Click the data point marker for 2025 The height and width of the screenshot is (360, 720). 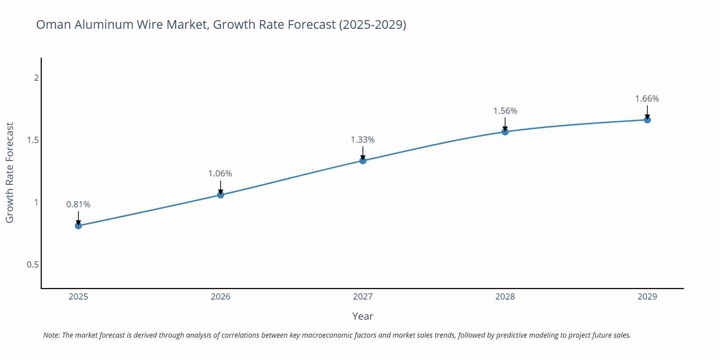click(x=78, y=226)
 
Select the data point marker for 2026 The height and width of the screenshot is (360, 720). click(x=221, y=195)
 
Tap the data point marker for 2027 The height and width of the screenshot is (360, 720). click(x=363, y=161)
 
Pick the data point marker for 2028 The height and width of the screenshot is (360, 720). click(x=505, y=132)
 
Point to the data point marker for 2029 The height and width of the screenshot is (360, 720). click(x=647, y=120)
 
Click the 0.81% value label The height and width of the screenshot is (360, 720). click(x=78, y=204)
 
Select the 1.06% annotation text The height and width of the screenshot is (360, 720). click(x=220, y=174)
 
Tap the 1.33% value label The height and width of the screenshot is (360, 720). click(x=363, y=140)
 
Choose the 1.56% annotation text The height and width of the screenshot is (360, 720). click(x=505, y=111)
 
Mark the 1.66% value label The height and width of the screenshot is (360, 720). click(x=647, y=99)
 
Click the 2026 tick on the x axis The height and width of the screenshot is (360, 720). click(x=221, y=297)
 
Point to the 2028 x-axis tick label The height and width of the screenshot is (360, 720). click(x=505, y=297)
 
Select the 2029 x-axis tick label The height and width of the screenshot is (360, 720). click(x=647, y=297)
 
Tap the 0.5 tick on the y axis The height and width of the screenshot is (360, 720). click(x=33, y=265)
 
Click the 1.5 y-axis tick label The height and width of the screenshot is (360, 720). click(x=33, y=140)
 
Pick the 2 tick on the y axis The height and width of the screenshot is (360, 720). click(x=36, y=77)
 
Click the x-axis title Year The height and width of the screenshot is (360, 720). click(x=363, y=316)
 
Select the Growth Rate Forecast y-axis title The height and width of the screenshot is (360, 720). click(x=10, y=172)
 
